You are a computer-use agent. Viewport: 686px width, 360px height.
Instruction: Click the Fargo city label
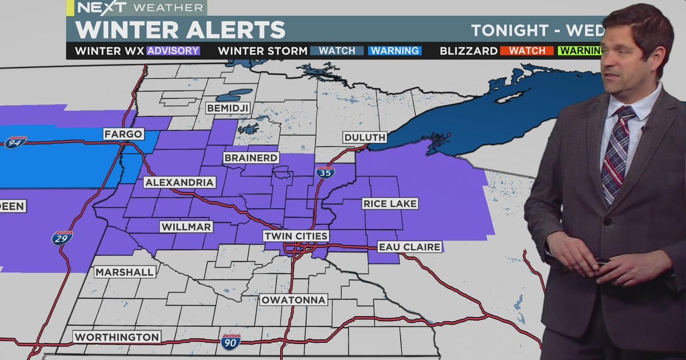point(123,134)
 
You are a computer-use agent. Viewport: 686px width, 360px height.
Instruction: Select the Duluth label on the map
point(365,137)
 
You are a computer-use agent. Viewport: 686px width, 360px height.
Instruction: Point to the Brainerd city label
point(251,158)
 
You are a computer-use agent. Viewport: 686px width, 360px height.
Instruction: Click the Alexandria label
point(180,182)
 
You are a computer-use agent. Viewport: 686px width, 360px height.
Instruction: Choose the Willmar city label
point(186,227)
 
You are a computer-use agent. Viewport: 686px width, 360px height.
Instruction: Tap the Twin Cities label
point(296,236)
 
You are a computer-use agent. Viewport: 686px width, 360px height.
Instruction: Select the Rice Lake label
point(390,203)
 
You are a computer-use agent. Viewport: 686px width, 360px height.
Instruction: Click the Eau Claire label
point(409,247)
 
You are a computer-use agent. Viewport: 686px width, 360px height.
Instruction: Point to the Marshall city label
point(124,272)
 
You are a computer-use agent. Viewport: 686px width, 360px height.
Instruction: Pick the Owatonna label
point(293,299)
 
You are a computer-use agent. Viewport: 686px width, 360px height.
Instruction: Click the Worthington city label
point(117,337)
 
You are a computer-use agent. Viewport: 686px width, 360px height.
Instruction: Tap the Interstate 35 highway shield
point(326,171)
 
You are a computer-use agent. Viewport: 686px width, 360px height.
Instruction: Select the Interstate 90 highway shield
point(230,341)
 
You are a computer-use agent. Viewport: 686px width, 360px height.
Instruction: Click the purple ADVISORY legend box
point(173,51)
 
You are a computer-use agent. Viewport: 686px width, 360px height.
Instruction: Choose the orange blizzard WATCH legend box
point(527,51)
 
